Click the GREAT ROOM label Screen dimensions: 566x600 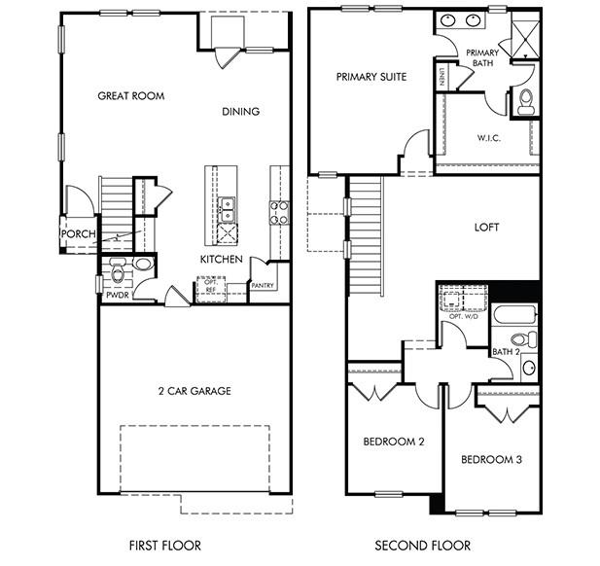131,96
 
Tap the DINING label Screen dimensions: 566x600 240,111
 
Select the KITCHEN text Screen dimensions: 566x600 221,260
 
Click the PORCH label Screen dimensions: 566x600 78,234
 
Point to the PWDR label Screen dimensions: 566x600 118,294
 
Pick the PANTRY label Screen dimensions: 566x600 263,285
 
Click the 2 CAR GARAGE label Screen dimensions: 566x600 194,392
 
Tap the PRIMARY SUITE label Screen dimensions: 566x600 371,76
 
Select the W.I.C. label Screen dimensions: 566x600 488,138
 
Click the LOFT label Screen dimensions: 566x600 486,228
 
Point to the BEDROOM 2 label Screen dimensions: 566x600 394,442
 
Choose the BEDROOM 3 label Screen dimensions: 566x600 491,459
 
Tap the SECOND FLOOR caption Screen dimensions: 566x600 423,547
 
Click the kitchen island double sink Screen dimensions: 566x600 226,206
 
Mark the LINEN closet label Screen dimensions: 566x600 441,77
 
